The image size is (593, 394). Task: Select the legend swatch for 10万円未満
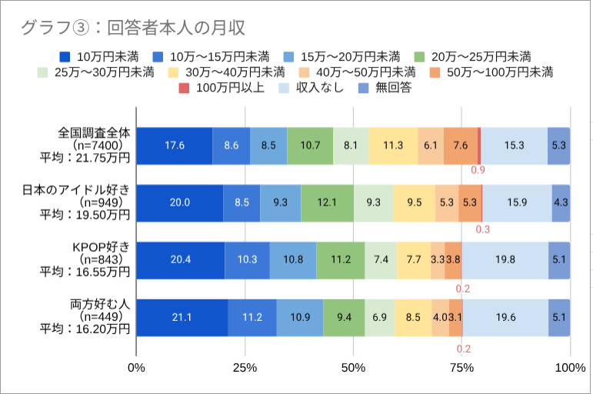point(65,57)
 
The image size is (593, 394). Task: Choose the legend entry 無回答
point(393,88)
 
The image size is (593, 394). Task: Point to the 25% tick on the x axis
point(245,369)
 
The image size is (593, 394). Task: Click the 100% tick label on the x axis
point(570,369)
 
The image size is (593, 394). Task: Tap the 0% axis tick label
point(137,369)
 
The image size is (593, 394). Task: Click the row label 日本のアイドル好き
point(85,190)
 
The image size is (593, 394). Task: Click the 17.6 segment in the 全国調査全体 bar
point(175,145)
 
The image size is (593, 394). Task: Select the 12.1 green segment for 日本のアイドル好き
point(327,203)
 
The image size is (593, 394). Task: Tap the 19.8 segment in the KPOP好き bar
point(505,259)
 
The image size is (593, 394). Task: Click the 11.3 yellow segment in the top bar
point(393,145)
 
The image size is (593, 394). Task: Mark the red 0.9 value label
point(478,170)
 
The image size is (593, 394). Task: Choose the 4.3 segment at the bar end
point(561,203)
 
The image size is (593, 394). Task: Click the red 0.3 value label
point(483,229)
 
